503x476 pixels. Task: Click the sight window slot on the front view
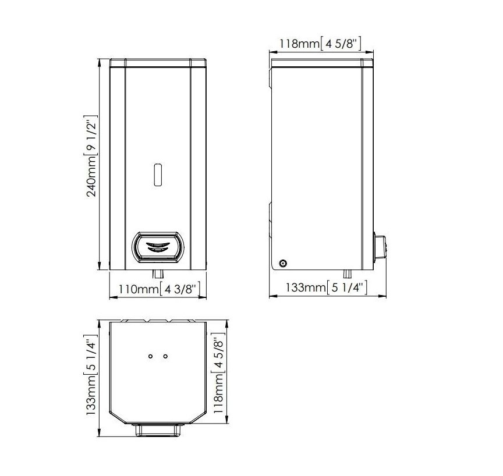pyautogui.click(x=158, y=175)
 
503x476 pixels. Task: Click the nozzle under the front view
pyautogui.click(x=158, y=274)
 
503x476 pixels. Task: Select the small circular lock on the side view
pyautogui.click(x=283, y=264)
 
